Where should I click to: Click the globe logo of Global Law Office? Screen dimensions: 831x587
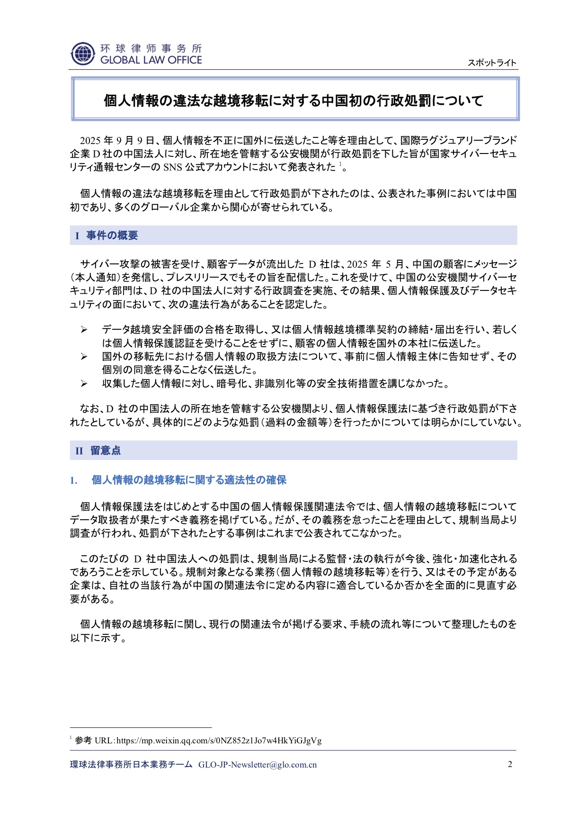point(83,54)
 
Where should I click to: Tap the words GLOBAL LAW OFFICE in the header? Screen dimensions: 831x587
point(151,60)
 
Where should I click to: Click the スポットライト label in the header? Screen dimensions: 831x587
point(492,63)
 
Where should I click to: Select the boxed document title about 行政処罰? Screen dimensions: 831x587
point(293,100)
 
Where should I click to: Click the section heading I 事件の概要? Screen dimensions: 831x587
point(107,235)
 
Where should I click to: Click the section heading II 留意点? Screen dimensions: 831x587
point(98,451)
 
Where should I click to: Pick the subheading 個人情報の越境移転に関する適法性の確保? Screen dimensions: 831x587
point(189,480)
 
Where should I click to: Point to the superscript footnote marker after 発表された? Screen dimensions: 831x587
point(340,164)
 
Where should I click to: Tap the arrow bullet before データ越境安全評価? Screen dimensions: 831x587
point(84,330)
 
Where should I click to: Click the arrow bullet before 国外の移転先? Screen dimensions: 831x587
point(84,357)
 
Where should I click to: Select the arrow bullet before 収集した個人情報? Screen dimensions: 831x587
point(84,384)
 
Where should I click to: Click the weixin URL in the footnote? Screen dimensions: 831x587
point(219,741)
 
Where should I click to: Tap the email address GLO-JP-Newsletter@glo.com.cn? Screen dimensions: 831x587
point(258,765)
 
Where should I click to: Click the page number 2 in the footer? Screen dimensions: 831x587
point(510,764)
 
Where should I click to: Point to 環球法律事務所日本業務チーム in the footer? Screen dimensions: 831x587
point(132,765)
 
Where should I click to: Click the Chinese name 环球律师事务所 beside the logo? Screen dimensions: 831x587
point(151,48)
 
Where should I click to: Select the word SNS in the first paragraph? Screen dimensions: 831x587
point(173,167)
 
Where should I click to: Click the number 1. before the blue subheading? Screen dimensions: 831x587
point(74,480)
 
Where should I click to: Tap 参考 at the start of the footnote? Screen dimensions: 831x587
point(83,741)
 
